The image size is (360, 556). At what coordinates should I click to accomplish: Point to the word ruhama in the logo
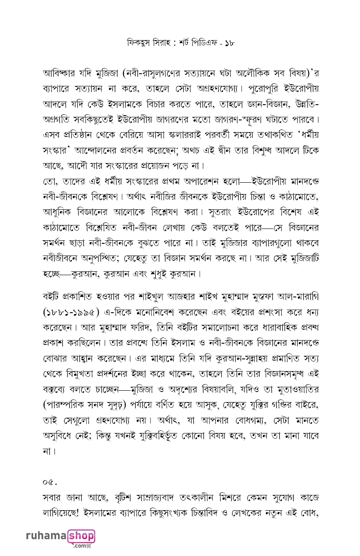click(x=46, y=536)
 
